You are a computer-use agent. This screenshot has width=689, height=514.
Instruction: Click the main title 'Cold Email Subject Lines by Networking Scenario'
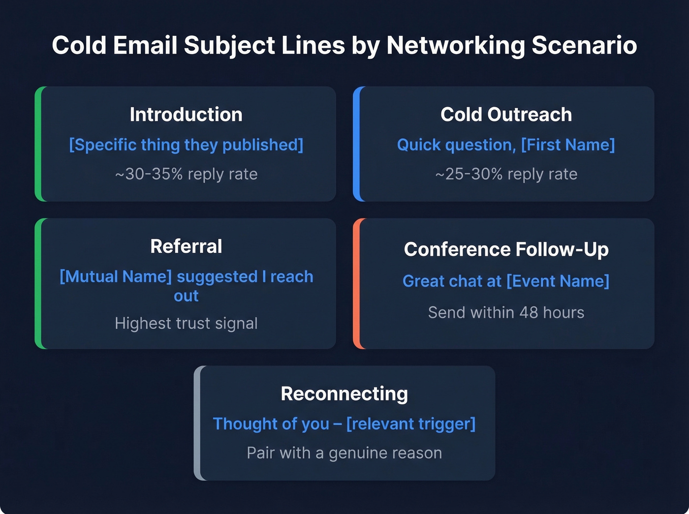(x=344, y=45)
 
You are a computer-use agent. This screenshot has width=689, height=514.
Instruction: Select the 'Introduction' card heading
(x=186, y=115)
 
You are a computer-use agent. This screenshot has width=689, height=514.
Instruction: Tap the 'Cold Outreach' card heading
(x=506, y=115)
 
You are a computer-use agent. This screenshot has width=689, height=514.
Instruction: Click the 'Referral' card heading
(x=186, y=246)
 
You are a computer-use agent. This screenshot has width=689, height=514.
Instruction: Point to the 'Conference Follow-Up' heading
(x=506, y=249)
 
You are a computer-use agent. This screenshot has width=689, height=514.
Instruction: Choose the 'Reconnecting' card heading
(x=344, y=393)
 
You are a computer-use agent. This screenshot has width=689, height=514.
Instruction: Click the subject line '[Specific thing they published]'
(x=186, y=145)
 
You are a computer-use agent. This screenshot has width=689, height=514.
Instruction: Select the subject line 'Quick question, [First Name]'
(x=506, y=145)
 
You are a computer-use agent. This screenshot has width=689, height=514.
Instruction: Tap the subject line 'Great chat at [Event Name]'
(x=506, y=281)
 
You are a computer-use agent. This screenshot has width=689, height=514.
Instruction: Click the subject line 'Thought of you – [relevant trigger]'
(x=344, y=423)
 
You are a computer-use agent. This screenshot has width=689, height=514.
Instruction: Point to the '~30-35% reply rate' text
(x=186, y=174)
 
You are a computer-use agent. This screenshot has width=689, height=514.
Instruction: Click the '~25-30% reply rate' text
(x=506, y=174)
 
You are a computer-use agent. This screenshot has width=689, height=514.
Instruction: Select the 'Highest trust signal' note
(x=186, y=323)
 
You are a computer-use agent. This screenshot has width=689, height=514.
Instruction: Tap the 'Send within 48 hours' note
(x=506, y=312)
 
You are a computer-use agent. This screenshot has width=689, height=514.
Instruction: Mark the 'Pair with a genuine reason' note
(x=344, y=453)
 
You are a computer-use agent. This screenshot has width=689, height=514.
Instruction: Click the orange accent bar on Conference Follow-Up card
(x=357, y=284)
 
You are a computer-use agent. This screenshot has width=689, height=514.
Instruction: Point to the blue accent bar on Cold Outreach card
(x=357, y=144)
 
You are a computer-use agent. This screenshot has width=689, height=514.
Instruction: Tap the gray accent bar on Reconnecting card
(x=197, y=423)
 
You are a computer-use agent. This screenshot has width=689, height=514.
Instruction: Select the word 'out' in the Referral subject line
(x=186, y=296)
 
